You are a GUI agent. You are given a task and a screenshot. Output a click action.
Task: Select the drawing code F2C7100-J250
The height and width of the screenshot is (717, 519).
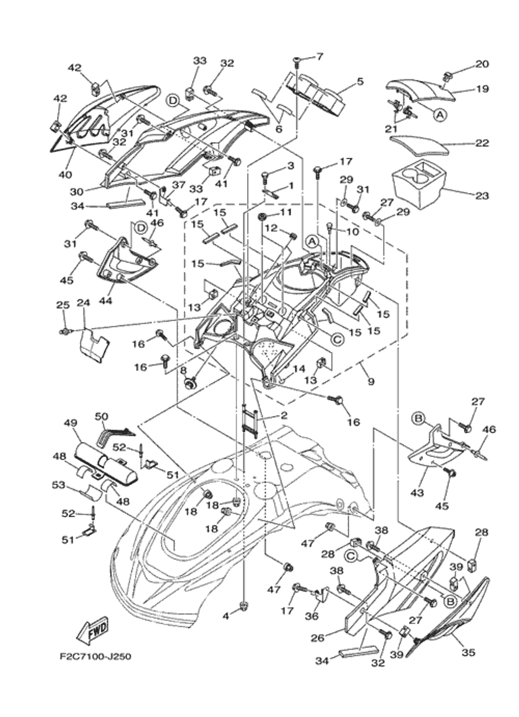tap(95, 657)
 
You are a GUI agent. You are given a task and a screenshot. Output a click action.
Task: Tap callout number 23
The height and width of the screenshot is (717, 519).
tap(482, 196)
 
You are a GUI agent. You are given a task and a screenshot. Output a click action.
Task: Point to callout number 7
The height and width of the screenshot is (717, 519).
tap(319, 56)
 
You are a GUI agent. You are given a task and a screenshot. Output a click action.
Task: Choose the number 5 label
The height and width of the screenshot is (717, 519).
tap(360, 81)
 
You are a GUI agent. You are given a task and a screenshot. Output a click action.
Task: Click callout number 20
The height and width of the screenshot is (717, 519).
tap(482, 64)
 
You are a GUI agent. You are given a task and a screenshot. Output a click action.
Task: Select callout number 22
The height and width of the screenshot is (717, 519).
tap(482, 143)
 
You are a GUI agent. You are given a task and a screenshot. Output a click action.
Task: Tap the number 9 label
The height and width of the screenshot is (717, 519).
tap(370, 382)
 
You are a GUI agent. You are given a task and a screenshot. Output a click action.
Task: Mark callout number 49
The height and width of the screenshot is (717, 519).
tap(70, 423)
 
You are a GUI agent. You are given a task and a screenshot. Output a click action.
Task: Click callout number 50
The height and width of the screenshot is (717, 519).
tap(102, 416)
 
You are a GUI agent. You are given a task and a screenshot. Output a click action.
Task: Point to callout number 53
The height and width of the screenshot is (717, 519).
tap(58, 485)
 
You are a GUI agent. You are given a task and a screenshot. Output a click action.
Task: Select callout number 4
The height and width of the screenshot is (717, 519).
tap(225, 616)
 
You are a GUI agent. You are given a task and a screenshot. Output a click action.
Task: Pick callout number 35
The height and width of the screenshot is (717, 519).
tap(468, 652)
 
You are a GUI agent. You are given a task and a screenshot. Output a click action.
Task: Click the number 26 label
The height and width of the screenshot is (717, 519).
tap(317, 638)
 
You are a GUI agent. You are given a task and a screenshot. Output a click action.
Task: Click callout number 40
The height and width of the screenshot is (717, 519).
tap(65, 175)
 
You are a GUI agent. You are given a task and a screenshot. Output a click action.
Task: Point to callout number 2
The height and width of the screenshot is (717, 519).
tap(283, 415)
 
